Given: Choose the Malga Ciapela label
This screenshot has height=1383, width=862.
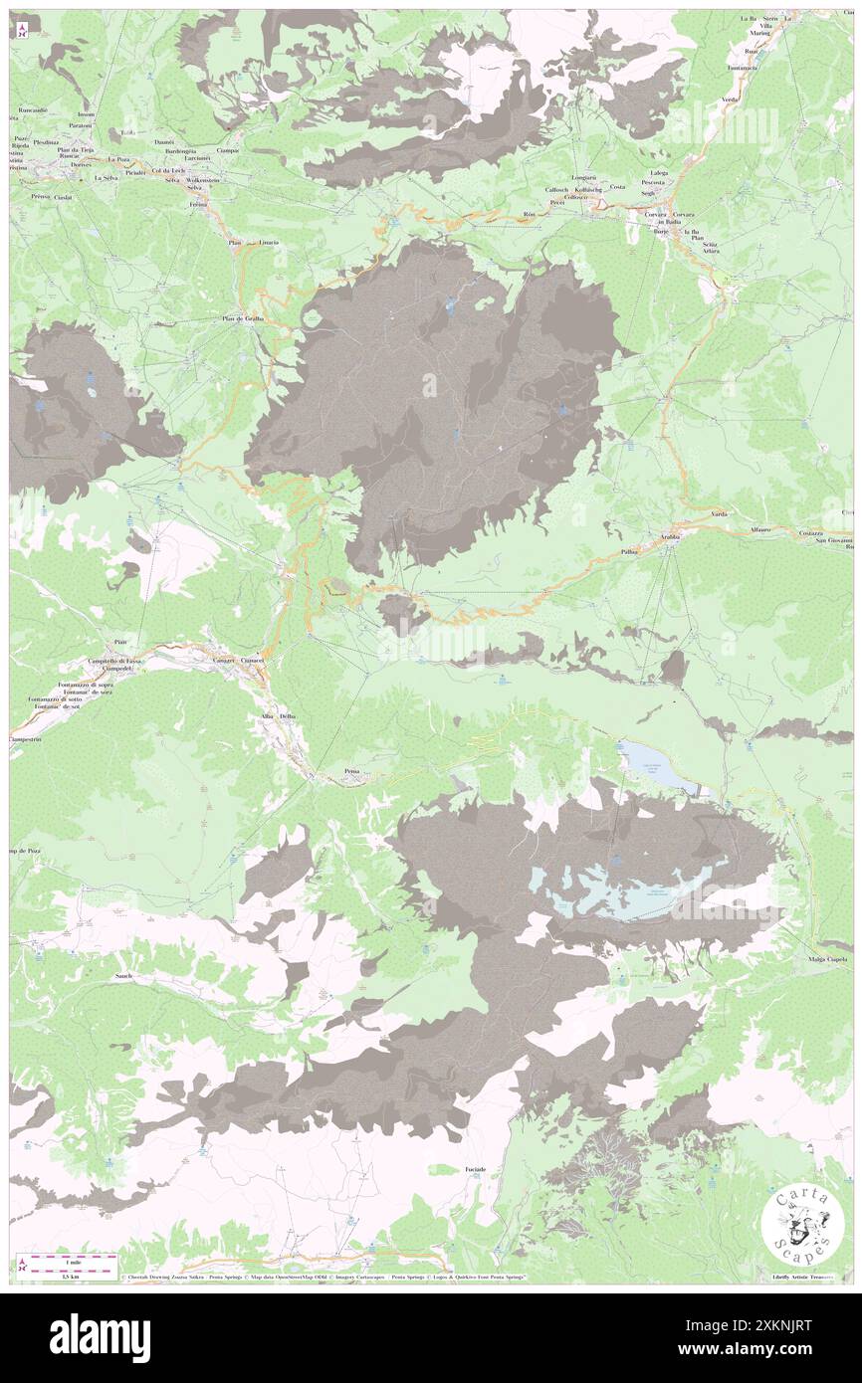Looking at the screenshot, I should (827, 959).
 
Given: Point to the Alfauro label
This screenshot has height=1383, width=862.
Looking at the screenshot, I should (761, 531).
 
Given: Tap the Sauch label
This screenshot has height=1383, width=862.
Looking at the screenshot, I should (123, 976).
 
